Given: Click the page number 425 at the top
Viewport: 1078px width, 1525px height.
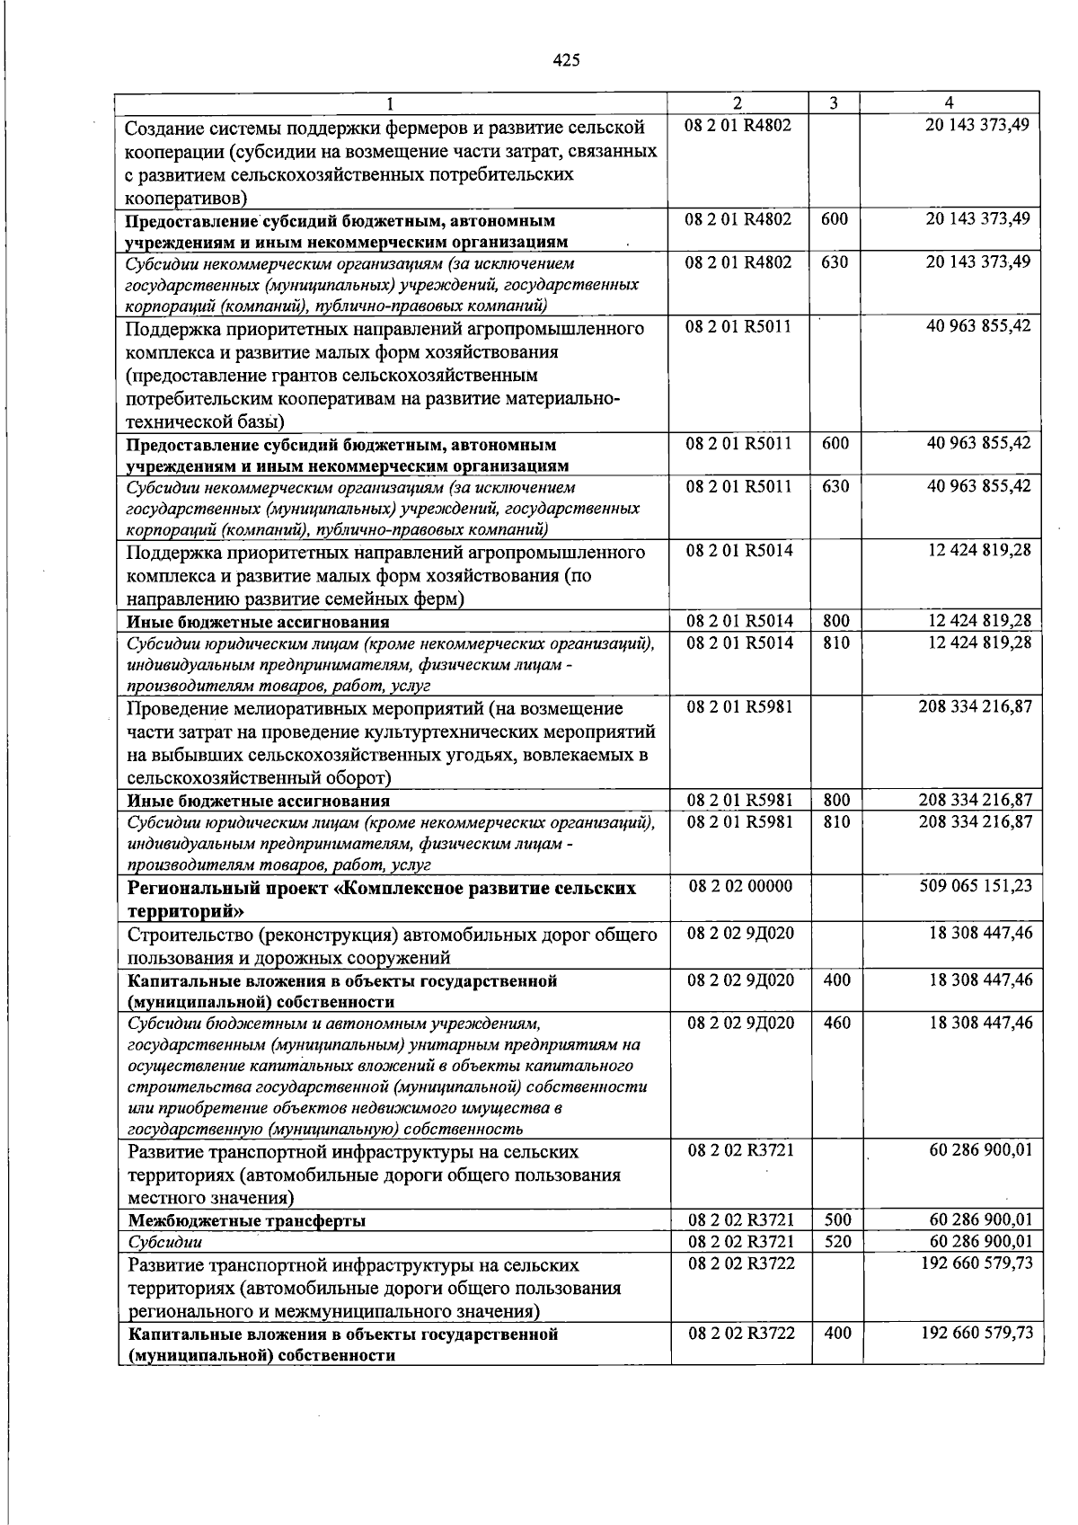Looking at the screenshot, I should (567, 60).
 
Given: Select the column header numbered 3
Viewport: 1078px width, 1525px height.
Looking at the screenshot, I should (834, 103).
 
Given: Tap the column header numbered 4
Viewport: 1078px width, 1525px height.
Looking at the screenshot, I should (950, 102).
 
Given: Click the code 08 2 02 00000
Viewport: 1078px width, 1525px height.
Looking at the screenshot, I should (740, 886).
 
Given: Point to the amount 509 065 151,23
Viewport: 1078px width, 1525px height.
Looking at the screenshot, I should (976, 886).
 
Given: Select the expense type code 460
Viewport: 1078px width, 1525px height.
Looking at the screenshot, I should (836, 1023).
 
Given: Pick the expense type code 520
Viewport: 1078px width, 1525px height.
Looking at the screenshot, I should (836, 1242).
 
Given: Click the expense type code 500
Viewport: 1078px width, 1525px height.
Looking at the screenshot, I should (836, 1220).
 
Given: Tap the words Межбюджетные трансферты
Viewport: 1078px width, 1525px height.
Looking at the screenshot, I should (247, 1220).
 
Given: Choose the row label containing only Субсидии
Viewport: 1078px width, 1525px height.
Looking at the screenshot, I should (165, 1243).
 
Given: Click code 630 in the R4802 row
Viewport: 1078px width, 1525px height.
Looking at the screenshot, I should (835, 262).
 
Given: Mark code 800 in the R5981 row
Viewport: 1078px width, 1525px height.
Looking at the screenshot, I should (836, 800).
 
